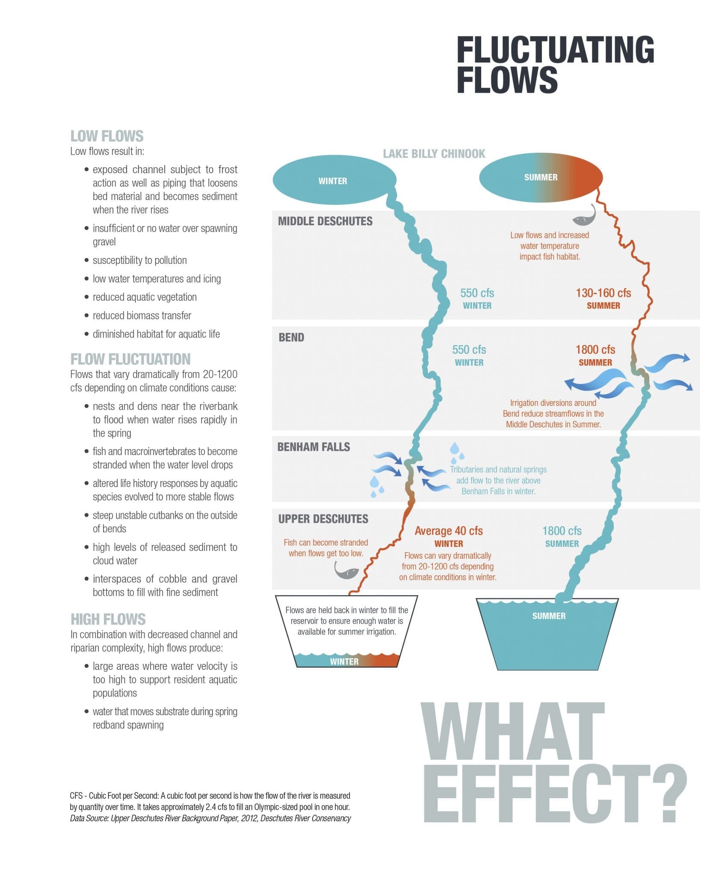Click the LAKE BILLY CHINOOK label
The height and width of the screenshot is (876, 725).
pos(434,154)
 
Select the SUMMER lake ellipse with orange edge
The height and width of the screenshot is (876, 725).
pos(541,177)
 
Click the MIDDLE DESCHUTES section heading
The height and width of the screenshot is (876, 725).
pos(325,221)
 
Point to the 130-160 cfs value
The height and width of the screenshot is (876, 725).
pos(603,293)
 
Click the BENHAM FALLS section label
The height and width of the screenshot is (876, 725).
pos(314,447)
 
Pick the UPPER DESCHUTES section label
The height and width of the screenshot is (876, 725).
pos(323,519)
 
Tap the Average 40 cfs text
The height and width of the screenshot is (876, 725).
pos(449,531)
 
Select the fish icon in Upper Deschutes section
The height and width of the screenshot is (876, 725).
pos(346,570)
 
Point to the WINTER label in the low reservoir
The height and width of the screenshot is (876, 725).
pos(344,661)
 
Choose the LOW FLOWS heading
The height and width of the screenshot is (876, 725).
pos(107,136)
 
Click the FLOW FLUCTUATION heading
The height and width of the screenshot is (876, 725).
pos(130,359)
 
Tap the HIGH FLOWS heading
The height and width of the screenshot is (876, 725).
pos(108,619)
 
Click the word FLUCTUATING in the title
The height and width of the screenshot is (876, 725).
pos(555,50)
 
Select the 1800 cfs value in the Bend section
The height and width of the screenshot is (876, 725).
pos(595,349)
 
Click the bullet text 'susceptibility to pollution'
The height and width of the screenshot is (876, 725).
pos(139,260)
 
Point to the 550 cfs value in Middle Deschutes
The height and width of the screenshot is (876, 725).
pos(477,293)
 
